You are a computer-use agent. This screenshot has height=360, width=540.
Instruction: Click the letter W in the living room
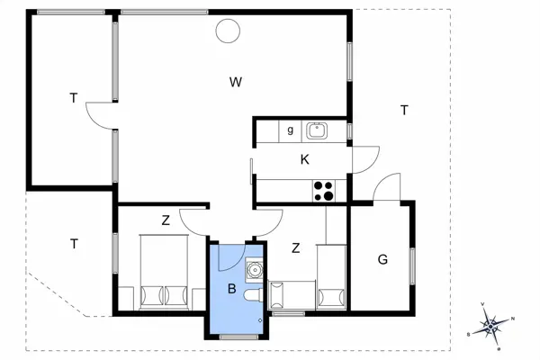coord(235,83)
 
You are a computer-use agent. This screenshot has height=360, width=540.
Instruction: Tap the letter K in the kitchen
coord(305,159)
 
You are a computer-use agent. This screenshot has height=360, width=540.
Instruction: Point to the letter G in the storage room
coord(382,260)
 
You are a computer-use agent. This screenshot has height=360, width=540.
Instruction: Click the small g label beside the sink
coord(290,130)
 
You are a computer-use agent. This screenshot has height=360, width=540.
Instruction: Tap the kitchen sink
coord(317,130)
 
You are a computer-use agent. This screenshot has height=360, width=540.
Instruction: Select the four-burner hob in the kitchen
coord(323,190)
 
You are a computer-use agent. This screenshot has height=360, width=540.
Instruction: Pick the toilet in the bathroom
coord(251,296)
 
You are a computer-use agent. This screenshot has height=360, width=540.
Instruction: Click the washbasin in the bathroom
coord(255,267)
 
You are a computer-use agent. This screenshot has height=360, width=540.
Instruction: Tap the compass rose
coord(490,324)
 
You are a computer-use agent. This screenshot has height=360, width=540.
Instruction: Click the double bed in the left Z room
coord(163,274)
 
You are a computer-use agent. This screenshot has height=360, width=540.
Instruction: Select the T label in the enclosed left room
coord(73,98)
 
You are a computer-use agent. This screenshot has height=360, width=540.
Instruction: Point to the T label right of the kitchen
coord(404,110)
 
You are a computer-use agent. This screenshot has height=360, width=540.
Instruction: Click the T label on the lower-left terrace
coord(73,243)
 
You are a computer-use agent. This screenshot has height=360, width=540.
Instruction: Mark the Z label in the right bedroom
coord(294,247)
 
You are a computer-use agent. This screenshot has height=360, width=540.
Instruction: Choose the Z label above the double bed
coord(166,220)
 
